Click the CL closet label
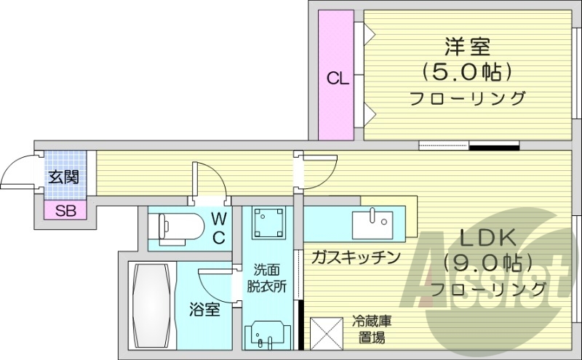[x=337, y=78]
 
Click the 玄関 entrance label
[x=64, y=176]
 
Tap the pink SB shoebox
[x=65, y=211]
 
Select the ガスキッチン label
[x=356, y=257]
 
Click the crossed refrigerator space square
[x=327, y=334]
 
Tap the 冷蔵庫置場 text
[x=370, y=329]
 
